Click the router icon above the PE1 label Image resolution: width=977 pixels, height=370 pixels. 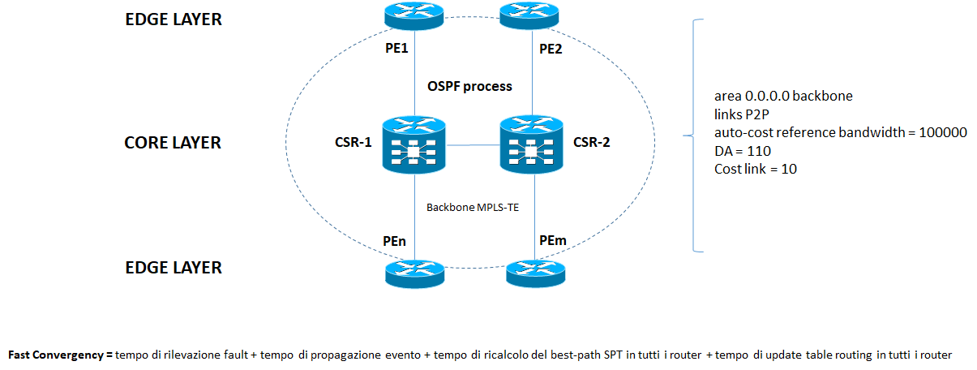pos(414,14)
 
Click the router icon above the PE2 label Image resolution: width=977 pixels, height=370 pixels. pos(532,14)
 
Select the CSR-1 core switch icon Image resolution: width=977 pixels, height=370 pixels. pos(414,145)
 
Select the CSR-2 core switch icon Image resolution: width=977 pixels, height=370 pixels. pos(531,145)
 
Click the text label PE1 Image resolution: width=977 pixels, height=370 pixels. pos(396,49)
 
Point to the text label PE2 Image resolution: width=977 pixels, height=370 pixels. pos(551,49)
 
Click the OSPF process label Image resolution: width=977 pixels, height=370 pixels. pos(469,85)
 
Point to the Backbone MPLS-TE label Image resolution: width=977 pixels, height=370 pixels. pos(473,207)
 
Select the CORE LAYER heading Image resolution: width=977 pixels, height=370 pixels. pos(172,143)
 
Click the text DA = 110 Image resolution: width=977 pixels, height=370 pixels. pos(742,150)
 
